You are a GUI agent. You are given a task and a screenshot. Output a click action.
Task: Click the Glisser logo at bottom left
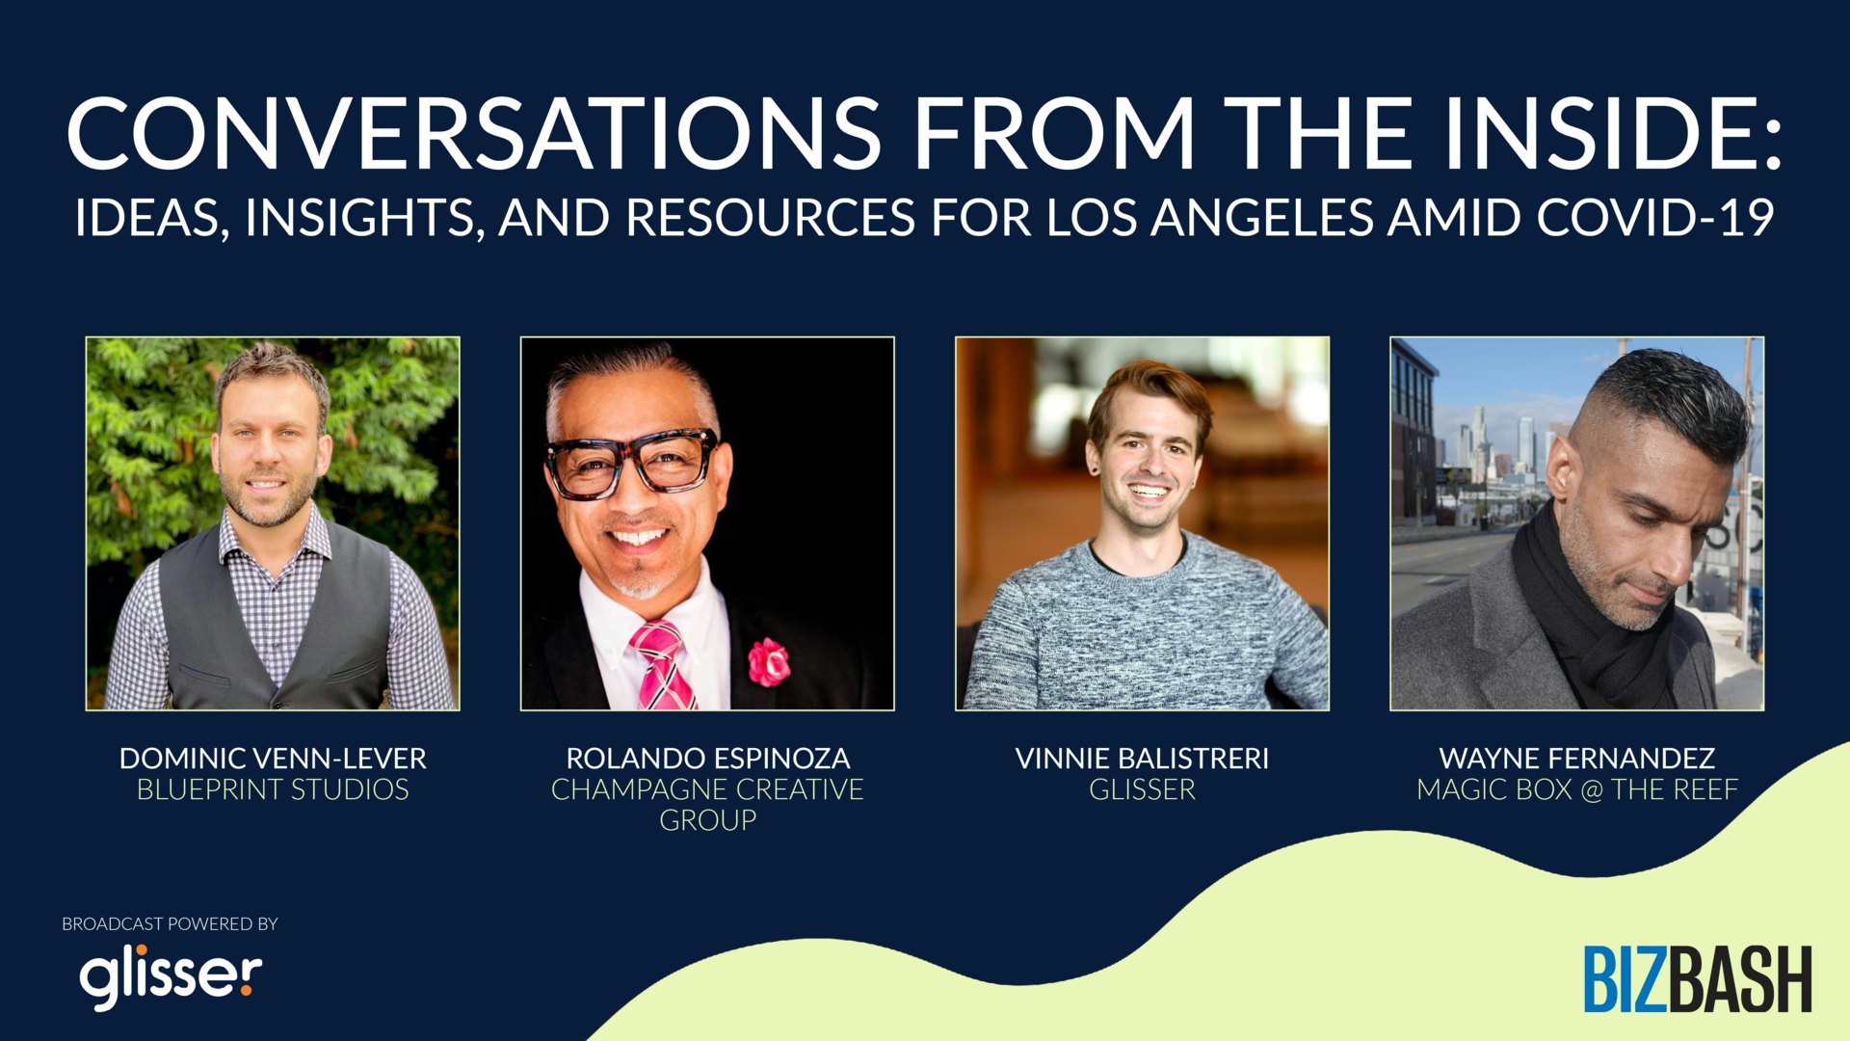(171, 977)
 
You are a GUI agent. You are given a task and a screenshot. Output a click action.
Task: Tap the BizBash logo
(1698, 979)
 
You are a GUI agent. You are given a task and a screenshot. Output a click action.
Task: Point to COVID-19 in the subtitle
(1654, 218)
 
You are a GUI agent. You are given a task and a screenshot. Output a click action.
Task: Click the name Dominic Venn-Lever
(273, 759)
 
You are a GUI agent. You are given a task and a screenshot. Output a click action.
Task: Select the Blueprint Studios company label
(273, 789)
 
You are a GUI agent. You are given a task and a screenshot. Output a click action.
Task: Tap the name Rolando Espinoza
(708, 759)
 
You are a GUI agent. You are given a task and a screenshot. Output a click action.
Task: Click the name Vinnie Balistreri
(1142, 759)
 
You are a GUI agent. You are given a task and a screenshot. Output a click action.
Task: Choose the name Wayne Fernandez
(1577, 759)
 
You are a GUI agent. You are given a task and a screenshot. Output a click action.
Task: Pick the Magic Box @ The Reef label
(1577, 789)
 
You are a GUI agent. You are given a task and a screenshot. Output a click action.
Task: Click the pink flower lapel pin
(769, 661)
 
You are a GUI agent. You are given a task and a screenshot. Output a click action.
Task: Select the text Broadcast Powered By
(170, 923)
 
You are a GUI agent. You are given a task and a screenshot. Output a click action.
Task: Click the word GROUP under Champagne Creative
(707, 820)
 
